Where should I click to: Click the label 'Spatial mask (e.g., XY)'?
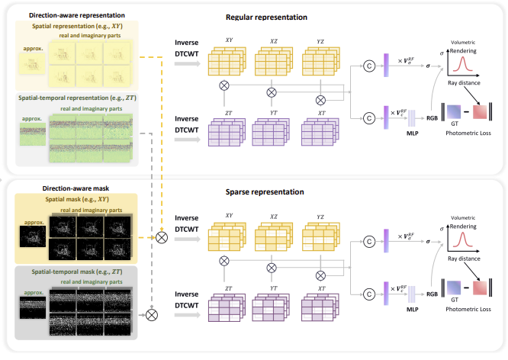point(75,198)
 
